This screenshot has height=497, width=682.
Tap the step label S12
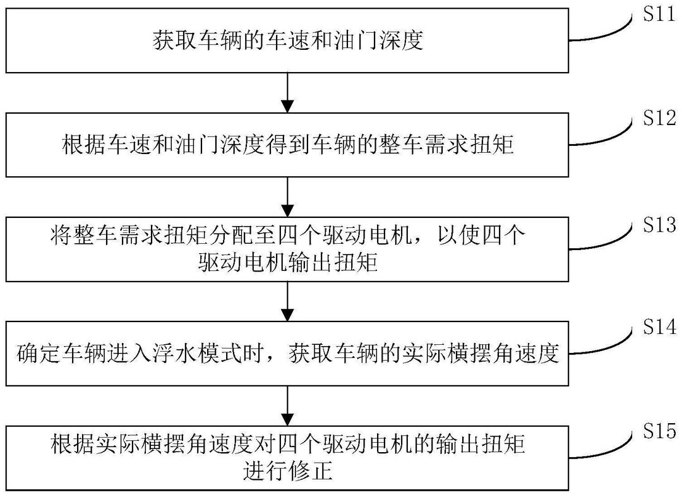(x=659, y=118)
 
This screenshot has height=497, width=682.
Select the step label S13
(x=659, y=225)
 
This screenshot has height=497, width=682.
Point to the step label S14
(x=659, y=326)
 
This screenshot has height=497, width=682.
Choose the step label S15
(x=659, y=431)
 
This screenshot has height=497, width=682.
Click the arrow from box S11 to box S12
(x=287, y=93)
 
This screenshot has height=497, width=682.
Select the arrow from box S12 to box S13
(x=287, y=197)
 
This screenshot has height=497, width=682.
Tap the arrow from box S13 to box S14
(x=287, y=301)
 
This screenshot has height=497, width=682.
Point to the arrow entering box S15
(x=287, y=405)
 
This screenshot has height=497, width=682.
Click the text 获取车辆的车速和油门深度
(x=287, y=40)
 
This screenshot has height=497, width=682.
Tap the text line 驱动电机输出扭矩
(x=287, y=263)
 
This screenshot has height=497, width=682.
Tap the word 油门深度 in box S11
(x=378, y=40)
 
